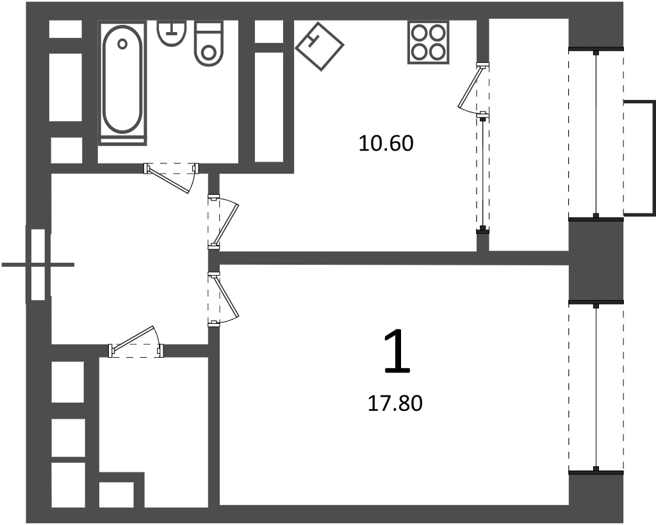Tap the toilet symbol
point(208,44)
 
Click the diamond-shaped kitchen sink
point(320,46)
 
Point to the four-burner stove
point(428,43)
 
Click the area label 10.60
point(386,144)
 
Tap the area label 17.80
point(395,404)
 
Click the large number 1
point(397,351)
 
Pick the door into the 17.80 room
point(223,299)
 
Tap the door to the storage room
point(136,342)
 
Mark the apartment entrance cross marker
point(38,265)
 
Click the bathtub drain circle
point(122,44)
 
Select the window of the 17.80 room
point(596,387)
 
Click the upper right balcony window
point(596,134)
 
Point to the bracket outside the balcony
point(639,158)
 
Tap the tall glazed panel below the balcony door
point(483,174)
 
